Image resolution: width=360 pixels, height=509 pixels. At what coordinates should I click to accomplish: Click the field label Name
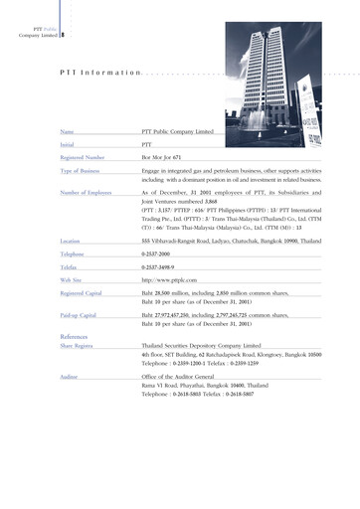click(68, 131)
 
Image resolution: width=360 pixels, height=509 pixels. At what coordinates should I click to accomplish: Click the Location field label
click(71, 242)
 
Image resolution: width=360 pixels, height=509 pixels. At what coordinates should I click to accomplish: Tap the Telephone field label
click(74, 254)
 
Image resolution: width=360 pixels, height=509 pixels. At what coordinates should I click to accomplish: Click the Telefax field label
click(70, 268)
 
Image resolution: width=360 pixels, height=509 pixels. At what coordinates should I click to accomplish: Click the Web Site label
click(72, 281)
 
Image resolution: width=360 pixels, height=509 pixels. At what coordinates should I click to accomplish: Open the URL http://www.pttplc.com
click(169, 281)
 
